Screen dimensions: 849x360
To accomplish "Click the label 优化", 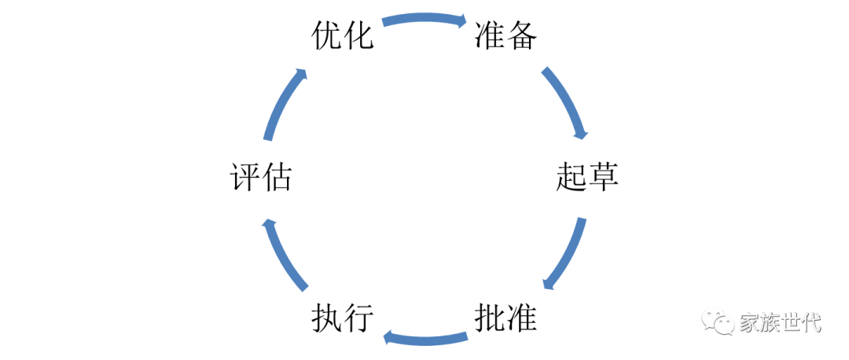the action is coord(343,36).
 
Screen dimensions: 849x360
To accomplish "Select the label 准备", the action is coord(505,35).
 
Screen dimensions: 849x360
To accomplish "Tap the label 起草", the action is coord(587,177).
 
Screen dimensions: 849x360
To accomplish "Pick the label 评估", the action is coord(261,177).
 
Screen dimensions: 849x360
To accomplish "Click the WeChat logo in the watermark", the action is coord(719,323).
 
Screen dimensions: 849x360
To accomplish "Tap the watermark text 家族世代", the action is coord(781,323).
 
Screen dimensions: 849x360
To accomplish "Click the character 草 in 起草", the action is coord(604,177).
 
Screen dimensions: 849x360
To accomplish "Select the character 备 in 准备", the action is coord(522,35).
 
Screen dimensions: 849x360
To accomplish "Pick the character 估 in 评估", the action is coord(277,177).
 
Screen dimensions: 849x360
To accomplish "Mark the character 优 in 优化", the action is coord(327,36).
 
